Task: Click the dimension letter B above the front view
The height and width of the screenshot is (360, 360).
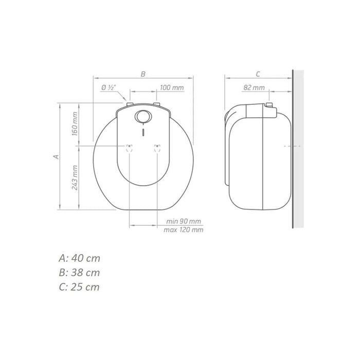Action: (x=143, y=74)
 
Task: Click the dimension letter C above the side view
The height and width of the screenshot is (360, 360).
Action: (x=258, y=74)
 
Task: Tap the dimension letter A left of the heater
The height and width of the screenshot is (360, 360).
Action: (x=56, y=156)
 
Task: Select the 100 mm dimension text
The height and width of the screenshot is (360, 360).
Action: (x=172, y=87)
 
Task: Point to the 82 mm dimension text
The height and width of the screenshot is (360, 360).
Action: (x=254, y=87)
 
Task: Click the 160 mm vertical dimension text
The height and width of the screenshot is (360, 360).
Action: (x=75, y=124)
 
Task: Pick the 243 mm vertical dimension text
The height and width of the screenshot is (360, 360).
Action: (x=75, y=178)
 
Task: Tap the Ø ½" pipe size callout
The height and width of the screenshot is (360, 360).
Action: (x=109, y=87)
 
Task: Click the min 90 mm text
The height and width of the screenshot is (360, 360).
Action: (x=184, y=221)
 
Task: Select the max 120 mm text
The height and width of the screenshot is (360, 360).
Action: (x=184, y=229)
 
